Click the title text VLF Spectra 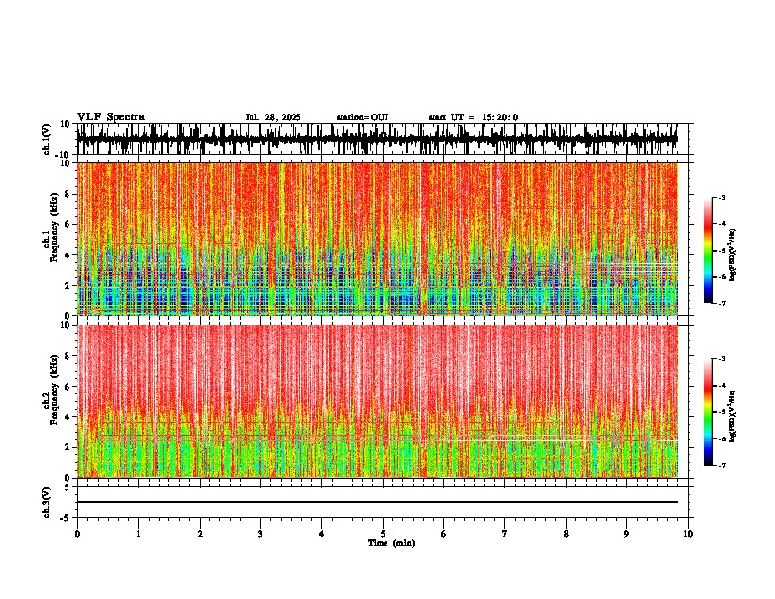[x=111, y=117]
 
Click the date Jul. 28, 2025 [x=273, y=117]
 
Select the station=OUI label [x=362, y=117]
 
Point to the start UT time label [x=473, y=117]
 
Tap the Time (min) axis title [x=390, y=542]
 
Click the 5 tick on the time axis [x=383, y=533]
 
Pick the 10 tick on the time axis [x=688, y=533]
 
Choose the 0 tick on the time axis [x=77, y=533]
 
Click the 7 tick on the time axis [x=505, y=533]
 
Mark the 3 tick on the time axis [x=260, y=533]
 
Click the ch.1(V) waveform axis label [x=46, y=140]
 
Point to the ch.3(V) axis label [x=46, y=501]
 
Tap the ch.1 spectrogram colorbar [x=719, y=251]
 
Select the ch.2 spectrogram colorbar [x=719, y=412]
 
